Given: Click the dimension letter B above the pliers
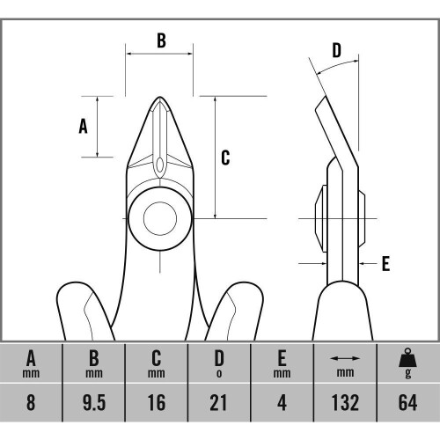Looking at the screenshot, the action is coord(161,40).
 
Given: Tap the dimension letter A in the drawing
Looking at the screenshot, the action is coord(83,127).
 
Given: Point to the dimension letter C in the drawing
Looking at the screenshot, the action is coord(225,158).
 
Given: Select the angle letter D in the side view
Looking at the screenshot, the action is coord(337,50).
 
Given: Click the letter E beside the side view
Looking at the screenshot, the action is coord(385,263).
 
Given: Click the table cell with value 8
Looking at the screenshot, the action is coord(31,402).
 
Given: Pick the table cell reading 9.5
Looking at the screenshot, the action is coord(94,402).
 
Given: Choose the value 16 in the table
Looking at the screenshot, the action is coord(157,402).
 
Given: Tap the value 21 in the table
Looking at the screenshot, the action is coord(219,402).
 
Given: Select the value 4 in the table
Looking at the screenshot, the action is coord(282,402).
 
